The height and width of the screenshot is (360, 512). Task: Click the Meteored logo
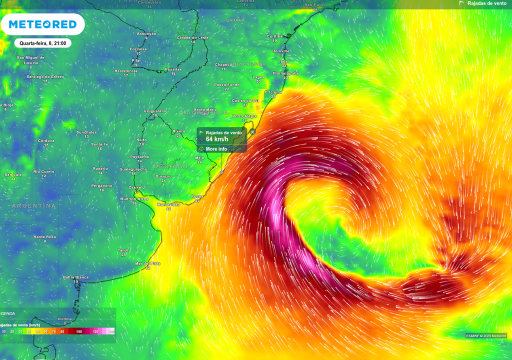tap(42, 24)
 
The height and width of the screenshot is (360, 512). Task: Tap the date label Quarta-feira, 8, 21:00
tap(42, 43)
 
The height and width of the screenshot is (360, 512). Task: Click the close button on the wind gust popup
tap(252, 132)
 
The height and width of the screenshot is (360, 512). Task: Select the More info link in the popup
tap(216, 149)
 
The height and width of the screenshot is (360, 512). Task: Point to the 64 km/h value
tap(216, 139)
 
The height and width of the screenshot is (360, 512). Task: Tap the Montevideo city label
tap(168, 205)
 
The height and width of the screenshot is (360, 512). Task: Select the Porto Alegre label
tap(244, 116)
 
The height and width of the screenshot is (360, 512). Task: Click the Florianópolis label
tap(285, 73)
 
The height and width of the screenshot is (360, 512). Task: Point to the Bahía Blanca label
tap(76, 277)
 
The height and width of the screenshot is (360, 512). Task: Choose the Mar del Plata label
tap(147, 263)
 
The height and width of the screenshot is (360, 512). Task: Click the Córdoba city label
tap(46, 140)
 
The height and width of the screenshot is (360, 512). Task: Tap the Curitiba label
tap(274, 36)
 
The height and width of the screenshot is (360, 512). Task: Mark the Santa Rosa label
tap(44, 236)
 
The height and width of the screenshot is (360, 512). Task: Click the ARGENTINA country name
tap(34, 206)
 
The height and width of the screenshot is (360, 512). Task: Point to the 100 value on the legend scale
tap(79, 331)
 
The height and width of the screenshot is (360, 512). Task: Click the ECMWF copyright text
tap(486, 335)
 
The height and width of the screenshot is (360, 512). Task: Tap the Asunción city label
tap(146, 33)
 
